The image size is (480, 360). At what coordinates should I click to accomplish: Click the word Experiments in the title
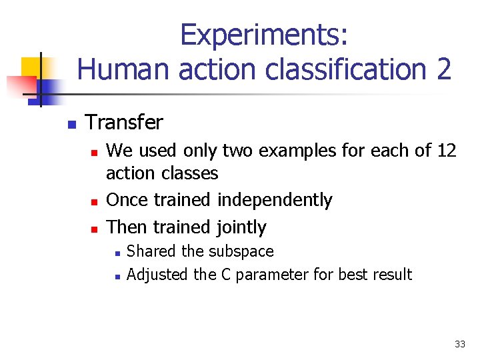tap(263, 35)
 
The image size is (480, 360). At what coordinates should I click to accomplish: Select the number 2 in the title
tap(444, 69)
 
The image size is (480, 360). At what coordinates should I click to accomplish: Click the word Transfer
tap(124, 123)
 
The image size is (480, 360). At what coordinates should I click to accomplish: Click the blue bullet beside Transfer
tap(71, 124)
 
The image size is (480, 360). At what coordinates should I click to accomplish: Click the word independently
tap(276, 200)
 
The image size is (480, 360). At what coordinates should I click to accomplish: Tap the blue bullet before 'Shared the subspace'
tap(116, 253)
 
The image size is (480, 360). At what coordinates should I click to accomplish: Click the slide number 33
tap(459, 344)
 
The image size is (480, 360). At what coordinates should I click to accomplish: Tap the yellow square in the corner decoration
tap(31, 67)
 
